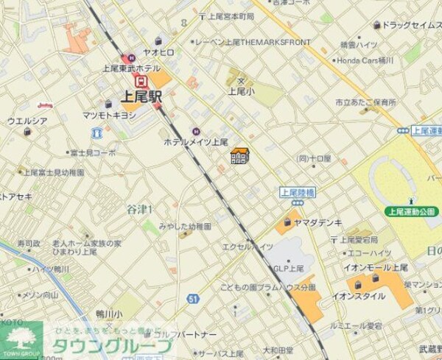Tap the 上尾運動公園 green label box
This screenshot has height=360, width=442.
click(x=412, y=211)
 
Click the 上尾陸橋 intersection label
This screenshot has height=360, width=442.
click(x=298, y=193)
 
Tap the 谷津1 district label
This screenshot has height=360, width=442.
click(x=139, y=210)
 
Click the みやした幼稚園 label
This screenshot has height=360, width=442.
click(x=185, y=227)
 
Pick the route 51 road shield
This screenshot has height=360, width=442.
click(x=192, y=298)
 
